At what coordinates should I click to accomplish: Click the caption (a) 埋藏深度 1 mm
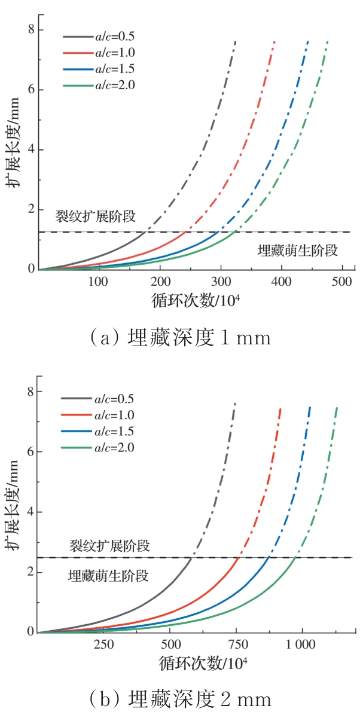click(179, 338)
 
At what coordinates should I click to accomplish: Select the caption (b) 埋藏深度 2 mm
click(179, 699)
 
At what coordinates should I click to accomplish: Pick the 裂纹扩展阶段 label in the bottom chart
click(109, 545)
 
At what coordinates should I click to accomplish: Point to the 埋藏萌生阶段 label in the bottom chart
click(108, 576)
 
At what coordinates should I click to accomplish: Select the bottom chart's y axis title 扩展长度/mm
click(13, 511)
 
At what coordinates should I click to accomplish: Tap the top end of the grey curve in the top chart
click(236, 42)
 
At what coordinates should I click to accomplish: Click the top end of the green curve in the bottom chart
click(337, 407)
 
